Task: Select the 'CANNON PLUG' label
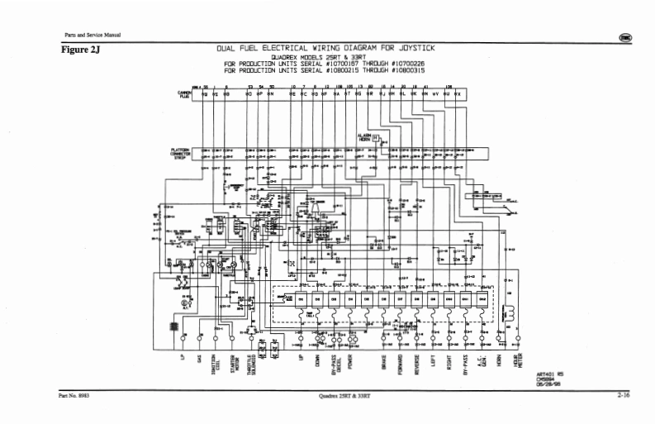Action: point(184,95)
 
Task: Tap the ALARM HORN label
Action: point(365,136)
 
